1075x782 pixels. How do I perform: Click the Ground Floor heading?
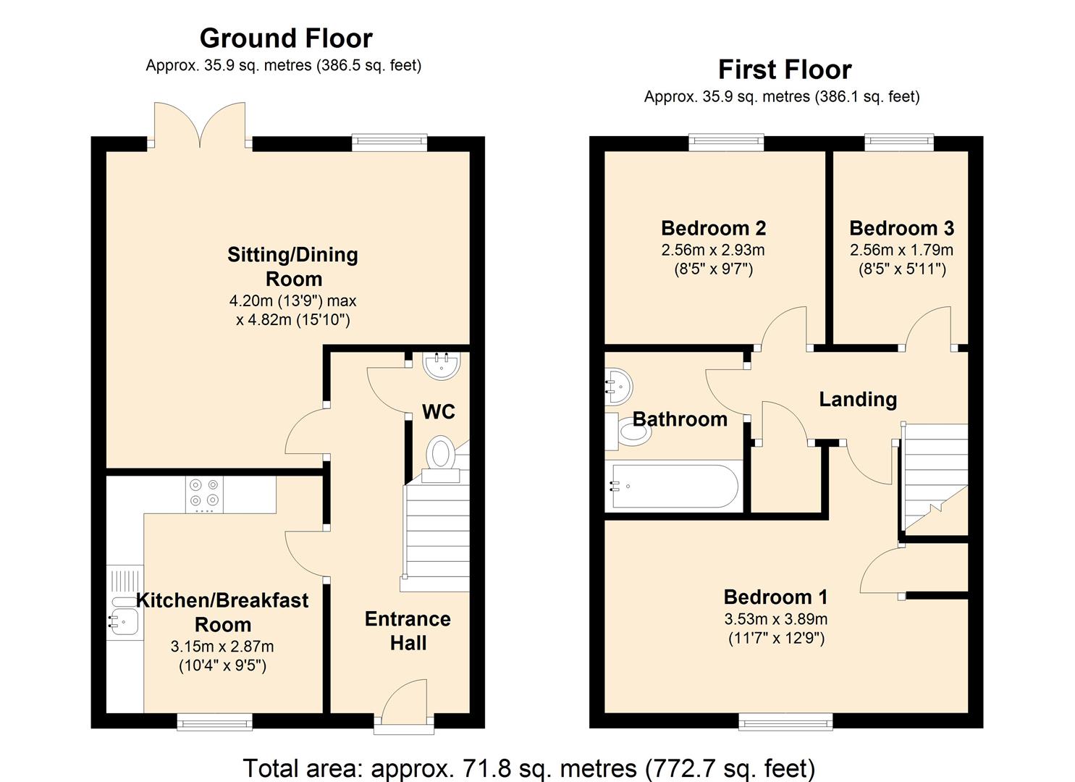pyautogui.click(x=286, y=38)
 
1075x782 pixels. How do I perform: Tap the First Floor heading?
pyautogui.click(x=785, y=70)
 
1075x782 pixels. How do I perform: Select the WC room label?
pyautogui.click(x=439, y=412)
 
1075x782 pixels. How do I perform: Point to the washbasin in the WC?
pyautogui.click(x=442, y=366)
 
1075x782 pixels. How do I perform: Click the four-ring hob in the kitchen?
pyautogui.click(x=204, y=495)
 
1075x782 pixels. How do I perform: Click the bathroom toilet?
pyautogui.click(x=628, y=431)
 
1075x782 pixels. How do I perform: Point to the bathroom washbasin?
pyautogui.click(x=619, y=387)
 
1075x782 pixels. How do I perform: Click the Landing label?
pyautogui.click(x=858, y=400)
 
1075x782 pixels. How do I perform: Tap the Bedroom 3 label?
pyautogui.click(x=902, y=229)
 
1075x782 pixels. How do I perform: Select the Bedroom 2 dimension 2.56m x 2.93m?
pyautogui.click(x=713, y=250)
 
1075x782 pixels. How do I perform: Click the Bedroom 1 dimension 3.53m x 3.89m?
pyautogui.click(x=776, y=619)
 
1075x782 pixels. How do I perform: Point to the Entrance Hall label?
pyautogui.click(x=408, y=631)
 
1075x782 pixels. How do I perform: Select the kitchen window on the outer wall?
pyautogui.click(x=214, y=721)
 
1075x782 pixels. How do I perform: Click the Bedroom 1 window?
pyautogui.click(x=785, y=721)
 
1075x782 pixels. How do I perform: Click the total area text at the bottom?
pyautogui.click(x=529, y=768)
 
